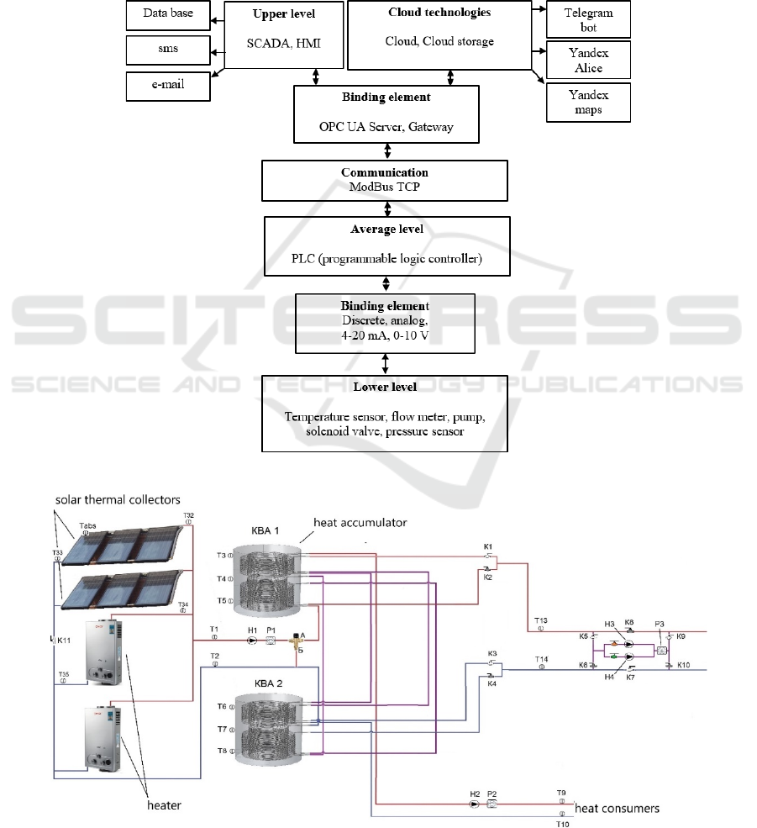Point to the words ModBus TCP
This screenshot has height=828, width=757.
pyautogui.click(x=385, y=187)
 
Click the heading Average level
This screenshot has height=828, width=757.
pyautogui.click(x=386, y=229)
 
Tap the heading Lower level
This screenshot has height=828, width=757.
pyautogui.click(x=386, y=387)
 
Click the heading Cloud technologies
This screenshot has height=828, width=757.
pyautogui.click(x=439, y=13)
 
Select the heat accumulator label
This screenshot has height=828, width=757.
pyautogui.click(x=360, y=522)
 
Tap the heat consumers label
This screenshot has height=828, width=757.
pyautogui.click(x=618, y=809)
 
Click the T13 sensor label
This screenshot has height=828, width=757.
pyautogui.click(x=541, y=620)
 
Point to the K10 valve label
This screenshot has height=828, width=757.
pyautogui.click(x=683, y=665)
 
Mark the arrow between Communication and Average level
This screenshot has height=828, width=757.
pyautogui.click(x=386, y=208)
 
